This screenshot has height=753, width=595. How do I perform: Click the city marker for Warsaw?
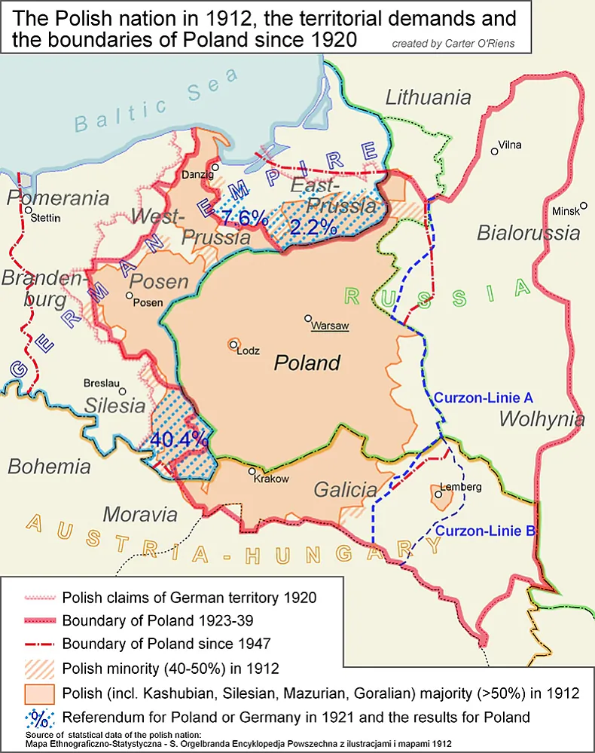click(x=308, y=318)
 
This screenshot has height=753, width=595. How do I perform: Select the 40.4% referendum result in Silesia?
click(x=179, y=438)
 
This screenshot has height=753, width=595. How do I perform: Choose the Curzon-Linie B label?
click(x=485, y=531)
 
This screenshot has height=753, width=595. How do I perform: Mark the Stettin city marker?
click(x=28, y=210)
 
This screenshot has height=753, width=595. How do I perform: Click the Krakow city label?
click(x=271, y=479)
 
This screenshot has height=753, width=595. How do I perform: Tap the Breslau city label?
click(x=105, y=383)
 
